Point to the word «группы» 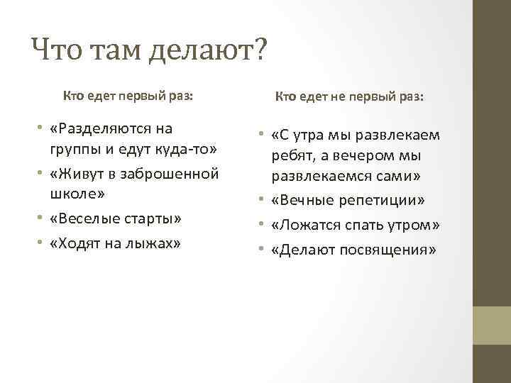75,151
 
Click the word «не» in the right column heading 332,97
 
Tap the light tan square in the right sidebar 491,325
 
